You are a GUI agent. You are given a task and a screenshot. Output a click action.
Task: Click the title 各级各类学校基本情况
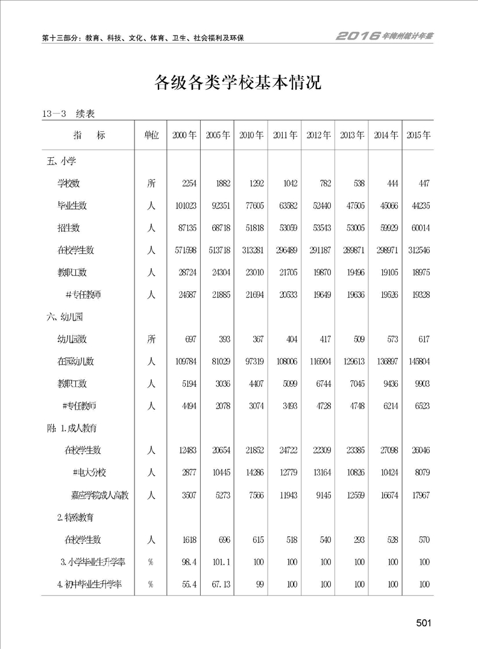pyautogui.click(x=238, y=83)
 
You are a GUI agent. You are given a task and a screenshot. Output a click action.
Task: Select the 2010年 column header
pyautogui.click(x=251, y=136)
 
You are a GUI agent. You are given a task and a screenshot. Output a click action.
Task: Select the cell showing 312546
pyautogui.click(x=418, y=250)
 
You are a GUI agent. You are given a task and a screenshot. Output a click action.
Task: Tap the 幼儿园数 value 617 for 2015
pyautogui.click(x=423, y=339)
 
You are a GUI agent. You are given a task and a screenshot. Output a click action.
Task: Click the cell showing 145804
pyautogui.click(x=418, y=362)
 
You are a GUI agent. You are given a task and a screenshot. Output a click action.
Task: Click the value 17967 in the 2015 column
pyautogui.click(x=420, y=495)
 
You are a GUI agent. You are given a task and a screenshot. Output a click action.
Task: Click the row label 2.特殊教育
pyautogui.click(x=79, y=518)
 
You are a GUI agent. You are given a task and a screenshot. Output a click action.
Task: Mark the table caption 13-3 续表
pyautogui.click(x=71, y=113)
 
